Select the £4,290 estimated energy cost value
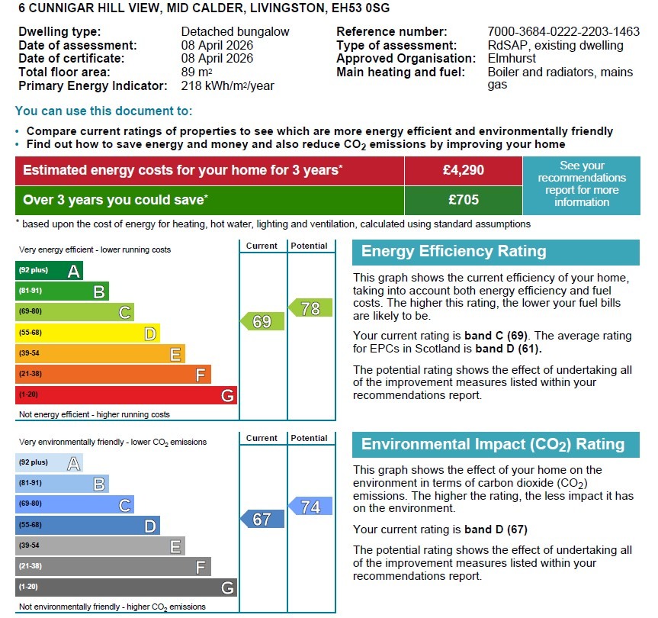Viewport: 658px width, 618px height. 463,170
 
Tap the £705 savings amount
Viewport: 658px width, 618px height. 463,200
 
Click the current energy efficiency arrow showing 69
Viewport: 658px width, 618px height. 262,321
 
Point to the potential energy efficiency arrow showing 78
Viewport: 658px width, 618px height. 310,308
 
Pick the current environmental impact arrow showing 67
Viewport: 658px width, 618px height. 262,519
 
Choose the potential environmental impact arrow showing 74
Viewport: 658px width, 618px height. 310,507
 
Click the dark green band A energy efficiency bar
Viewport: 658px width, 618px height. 49,271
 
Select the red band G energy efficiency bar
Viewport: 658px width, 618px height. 126,395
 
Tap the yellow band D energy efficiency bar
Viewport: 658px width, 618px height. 87,333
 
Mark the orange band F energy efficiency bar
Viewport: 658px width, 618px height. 113,375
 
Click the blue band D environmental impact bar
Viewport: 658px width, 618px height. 87,525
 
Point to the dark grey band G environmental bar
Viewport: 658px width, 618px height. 126,587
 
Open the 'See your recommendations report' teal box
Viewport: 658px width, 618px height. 582,184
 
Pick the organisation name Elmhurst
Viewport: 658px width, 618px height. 512,59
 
